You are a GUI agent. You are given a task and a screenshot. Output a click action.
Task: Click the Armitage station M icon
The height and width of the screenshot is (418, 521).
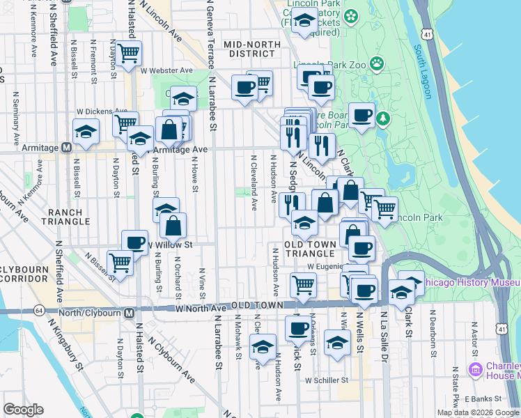(66, 147)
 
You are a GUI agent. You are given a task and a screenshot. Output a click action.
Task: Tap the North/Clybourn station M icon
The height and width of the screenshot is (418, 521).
(130, 313)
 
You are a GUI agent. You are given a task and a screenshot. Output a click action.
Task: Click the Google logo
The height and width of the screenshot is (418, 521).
(23, 409)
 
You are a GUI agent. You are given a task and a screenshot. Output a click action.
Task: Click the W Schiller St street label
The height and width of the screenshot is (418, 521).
(327, 380)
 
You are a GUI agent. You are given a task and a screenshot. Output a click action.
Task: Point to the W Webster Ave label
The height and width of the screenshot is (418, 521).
(166, 70)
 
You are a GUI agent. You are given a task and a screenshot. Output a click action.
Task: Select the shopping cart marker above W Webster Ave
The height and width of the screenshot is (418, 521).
(128, 53)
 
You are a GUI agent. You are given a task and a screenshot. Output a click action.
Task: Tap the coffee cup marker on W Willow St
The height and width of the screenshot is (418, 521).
(134, 242)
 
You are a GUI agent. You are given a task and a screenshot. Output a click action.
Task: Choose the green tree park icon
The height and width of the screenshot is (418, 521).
(382, 119)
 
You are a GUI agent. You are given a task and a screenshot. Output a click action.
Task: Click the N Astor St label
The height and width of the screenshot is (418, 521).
(474, 341)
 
